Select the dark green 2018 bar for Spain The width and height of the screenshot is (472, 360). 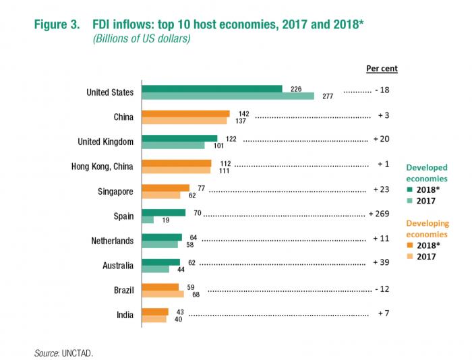coord(163,212)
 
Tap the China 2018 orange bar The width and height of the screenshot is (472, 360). coord(185,113)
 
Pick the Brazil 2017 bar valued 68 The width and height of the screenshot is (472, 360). coord(163,293)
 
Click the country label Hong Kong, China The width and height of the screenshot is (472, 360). coord(102,167)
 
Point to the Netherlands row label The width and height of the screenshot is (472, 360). coord(112,241)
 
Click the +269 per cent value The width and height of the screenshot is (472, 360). coord(380,215)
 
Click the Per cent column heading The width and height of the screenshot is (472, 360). coord(382,68)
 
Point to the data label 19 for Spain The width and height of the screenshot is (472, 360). coord(165,220)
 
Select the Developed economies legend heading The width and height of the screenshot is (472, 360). coord(426,173)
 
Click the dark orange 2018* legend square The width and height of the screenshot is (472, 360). coord(409,245)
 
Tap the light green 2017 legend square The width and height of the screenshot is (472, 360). coord(409,201)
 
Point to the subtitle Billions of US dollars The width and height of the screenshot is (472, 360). coord(142,38)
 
